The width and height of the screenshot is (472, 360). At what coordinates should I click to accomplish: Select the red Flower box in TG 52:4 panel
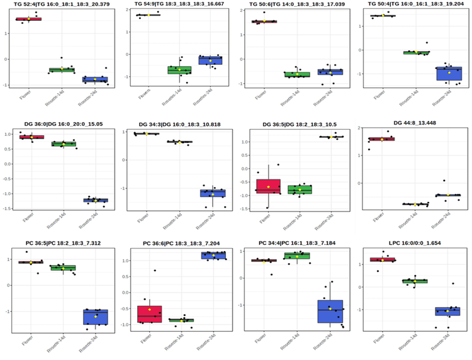(x=28, y=19)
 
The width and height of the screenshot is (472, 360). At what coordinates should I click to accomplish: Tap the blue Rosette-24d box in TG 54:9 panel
(x=210, y=60)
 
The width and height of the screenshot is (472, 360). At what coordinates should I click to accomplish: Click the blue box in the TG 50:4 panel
(x=449, y=73)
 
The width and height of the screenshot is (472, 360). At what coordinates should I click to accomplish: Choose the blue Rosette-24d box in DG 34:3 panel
(x=213, y=193)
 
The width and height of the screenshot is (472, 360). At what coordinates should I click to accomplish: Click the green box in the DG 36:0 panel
(x=63, y=144)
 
